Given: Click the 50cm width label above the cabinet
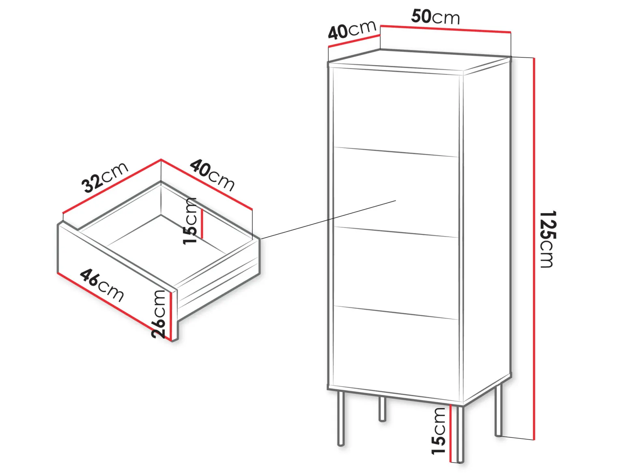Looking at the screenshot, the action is (x=435, y=17).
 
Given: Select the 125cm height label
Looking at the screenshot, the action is (x=547, y=239).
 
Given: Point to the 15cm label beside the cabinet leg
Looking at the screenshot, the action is (x=438, y=431).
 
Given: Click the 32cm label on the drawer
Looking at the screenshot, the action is (x=105, y=177).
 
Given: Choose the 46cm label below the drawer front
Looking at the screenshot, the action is (x=102, y=285).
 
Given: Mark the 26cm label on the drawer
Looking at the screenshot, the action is (x=158, y=314).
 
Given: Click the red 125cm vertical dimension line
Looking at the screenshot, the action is (x=534, y=249).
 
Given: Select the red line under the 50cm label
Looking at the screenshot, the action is (x=446, y=29).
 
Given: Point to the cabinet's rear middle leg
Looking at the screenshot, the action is (x=382, y=409).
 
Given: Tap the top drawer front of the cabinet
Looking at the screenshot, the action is (x=396, y=112).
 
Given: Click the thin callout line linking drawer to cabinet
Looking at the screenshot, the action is (x=328, y=220).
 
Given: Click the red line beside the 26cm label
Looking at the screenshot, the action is (x=171, y=316).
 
